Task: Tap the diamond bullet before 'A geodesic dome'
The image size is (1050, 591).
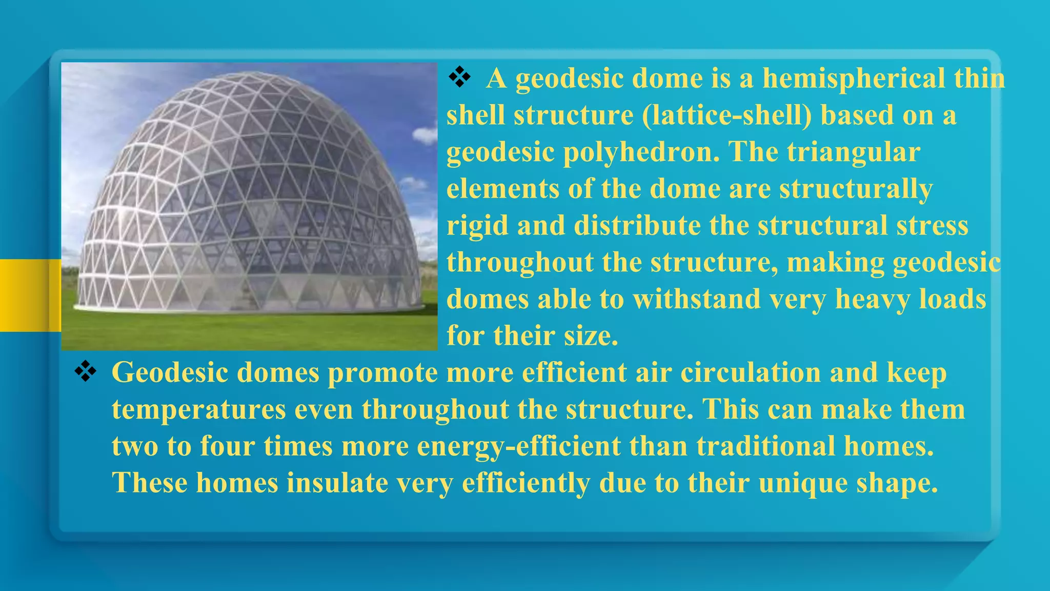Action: coord(459,77)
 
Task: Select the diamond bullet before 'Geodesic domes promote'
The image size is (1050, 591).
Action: coord(85,371)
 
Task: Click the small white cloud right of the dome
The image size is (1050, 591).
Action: coord(425,135)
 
